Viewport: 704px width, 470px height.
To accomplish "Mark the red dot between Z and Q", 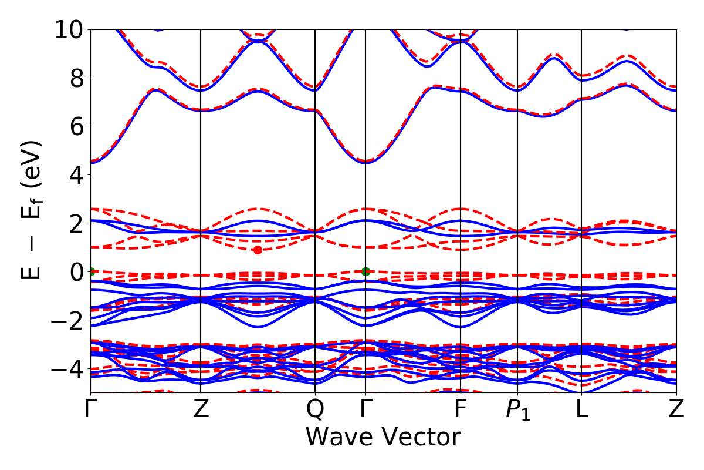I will point(258,250).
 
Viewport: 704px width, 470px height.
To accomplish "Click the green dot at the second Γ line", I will point(365,271).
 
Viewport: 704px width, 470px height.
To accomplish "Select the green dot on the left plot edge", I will point(91,271).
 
